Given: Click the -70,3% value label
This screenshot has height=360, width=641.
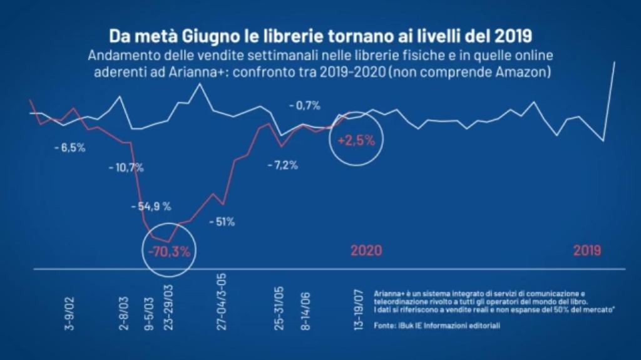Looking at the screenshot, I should coord(168,252).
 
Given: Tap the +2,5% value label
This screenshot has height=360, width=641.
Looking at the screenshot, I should coord(356,140).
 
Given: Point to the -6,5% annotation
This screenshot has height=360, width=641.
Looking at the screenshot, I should coord(69,148).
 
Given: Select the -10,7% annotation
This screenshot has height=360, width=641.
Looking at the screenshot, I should coord(126,167).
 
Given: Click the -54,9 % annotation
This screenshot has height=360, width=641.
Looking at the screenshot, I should coord(151,206).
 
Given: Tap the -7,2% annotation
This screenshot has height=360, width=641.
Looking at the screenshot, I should coord(282,166).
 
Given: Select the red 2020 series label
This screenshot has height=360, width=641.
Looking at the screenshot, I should coord(366,250).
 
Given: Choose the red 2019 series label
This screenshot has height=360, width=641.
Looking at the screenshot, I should coord(587,250).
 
